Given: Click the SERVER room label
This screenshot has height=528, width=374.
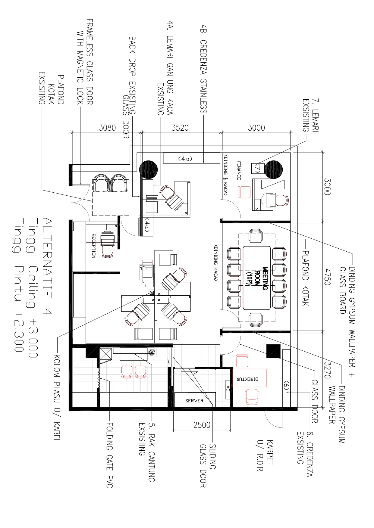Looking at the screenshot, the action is [194, 401].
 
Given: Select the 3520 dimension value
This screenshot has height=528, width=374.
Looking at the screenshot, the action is [180, 128].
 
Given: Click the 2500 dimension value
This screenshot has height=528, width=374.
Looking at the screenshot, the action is [202, 425].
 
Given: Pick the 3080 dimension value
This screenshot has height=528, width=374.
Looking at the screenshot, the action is [107, 128].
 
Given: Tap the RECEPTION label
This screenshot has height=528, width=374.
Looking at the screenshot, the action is [93, 246].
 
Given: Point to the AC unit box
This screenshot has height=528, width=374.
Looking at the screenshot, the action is [228, 388].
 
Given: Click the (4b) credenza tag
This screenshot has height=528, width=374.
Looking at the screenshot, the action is [185, 158].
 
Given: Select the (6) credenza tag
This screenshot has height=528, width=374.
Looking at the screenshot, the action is [286, 387].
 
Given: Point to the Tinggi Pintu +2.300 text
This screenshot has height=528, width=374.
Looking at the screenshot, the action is [19, 285].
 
